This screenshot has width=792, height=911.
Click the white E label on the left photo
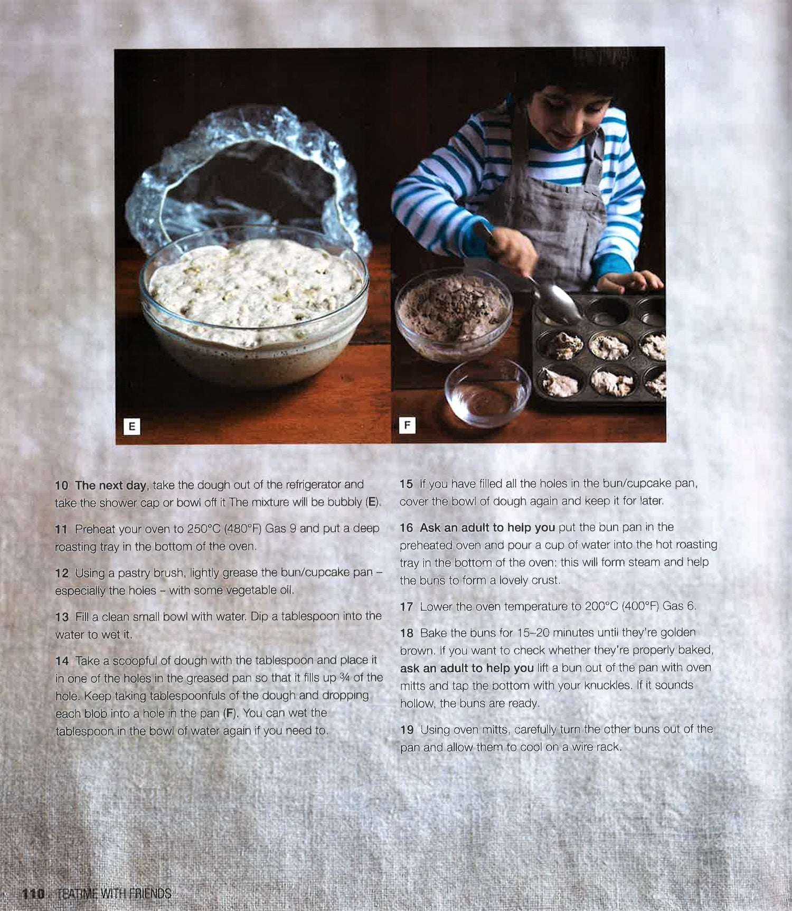(x=131, y=426)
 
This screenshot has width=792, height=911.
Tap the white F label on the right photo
(x=407, y=425)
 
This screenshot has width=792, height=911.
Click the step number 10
(x=62, y=485)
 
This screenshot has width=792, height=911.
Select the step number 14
(x=62, y=661)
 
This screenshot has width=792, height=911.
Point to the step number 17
(x=407, y=607)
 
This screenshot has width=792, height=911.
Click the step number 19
(x=407, y=730)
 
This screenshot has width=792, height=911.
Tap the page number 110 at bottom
(x=32, y=894)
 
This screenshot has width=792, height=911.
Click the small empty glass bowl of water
(x=487, y=393)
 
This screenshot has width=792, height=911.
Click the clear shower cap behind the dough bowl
(x=248, y=174)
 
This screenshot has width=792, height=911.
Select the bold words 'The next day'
(x=110, y=485)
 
